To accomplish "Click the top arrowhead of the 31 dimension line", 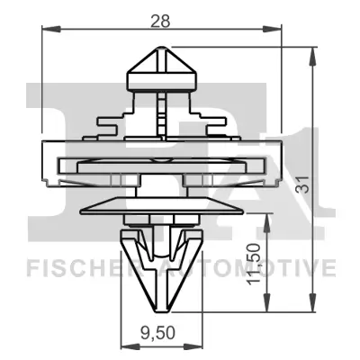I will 312,54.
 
